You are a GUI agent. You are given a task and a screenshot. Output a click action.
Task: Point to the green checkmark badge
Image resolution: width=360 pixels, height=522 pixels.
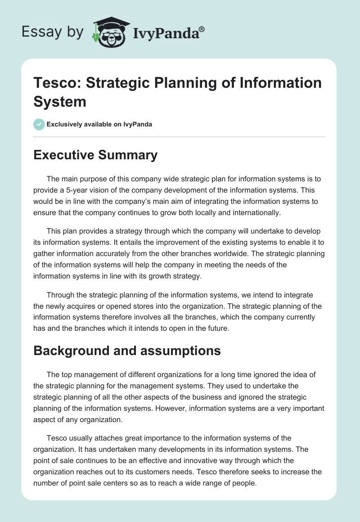39,124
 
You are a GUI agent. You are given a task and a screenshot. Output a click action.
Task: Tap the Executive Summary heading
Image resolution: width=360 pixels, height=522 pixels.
95,155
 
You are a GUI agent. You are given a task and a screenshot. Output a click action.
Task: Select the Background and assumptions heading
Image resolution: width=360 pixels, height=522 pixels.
127,351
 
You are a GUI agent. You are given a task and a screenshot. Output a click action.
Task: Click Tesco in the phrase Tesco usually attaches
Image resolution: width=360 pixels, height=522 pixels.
57,438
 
